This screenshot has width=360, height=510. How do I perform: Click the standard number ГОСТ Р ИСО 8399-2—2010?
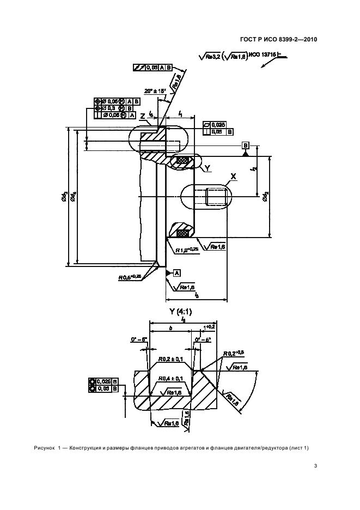[x=278, y=39]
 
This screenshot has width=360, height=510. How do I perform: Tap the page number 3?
[x=315, y=465]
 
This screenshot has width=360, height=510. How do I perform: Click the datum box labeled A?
[x=178, y=272]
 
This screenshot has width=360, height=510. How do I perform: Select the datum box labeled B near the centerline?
[x=246, y=145]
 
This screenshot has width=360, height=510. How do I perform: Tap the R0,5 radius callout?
[x=130, y=277]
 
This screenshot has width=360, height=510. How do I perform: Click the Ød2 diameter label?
[x=266, y=197]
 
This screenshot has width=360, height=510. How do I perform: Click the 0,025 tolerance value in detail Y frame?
[x=108, y=381]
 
